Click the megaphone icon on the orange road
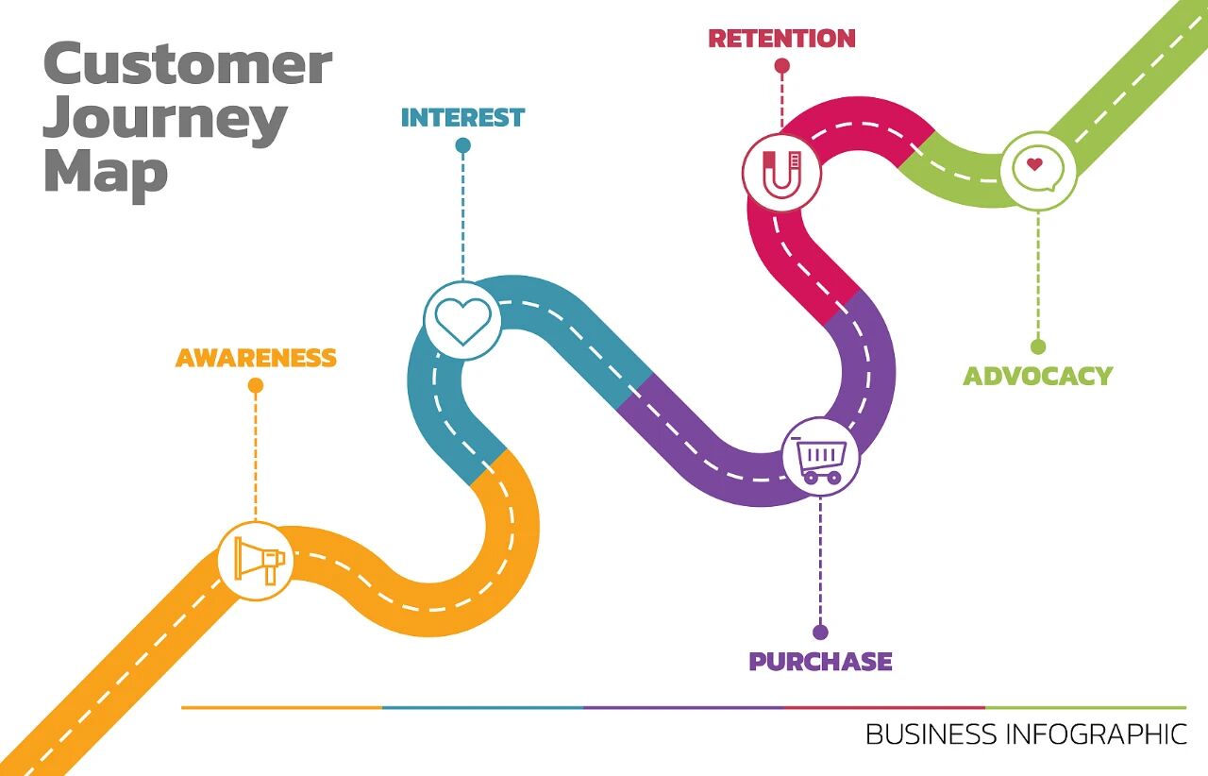click(256, 561)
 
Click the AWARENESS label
click(256, 359)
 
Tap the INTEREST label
click(462, 118)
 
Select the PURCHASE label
click(820, 662)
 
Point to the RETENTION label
click(781, 39)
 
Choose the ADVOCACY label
click(1037, 376)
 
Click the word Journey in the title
click(165, 119)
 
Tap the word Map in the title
click(106, 172)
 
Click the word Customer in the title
click(188, 64)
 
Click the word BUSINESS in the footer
click(931, 734)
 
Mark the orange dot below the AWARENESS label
click(256, 385)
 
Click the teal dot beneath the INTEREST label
click(462, 145)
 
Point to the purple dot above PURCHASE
click(820, 633)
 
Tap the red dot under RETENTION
click(781, 66)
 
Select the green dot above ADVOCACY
click(1038, 346)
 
